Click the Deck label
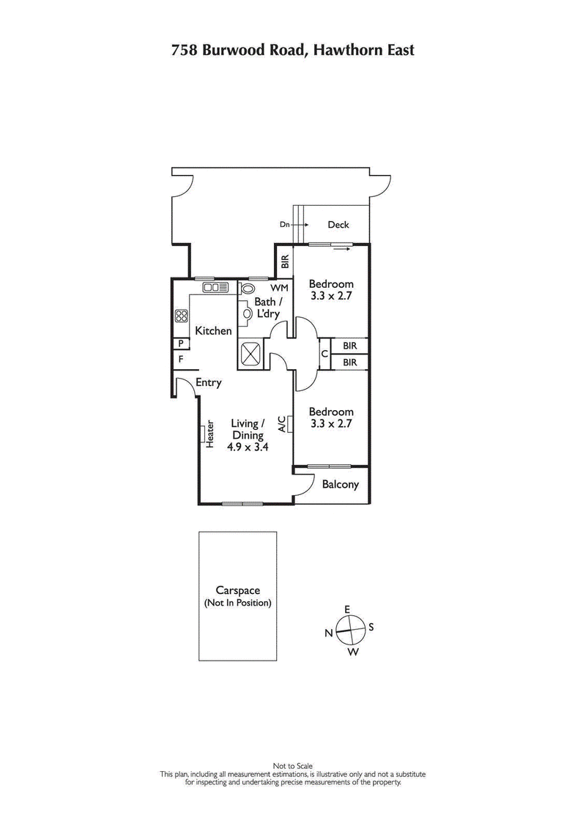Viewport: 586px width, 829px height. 338,226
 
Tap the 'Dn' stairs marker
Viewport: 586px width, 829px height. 284,226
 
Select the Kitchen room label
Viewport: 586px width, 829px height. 213,331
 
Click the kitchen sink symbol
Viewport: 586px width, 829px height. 215,288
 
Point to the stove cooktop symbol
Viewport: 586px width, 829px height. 182,316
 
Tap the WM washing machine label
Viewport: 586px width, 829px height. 279,288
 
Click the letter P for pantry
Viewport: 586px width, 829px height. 179,343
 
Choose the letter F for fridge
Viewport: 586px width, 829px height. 179,360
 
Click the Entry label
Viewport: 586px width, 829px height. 209,382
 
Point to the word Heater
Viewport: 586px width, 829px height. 209,434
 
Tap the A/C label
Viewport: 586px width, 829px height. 281,424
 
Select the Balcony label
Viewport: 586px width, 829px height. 340,485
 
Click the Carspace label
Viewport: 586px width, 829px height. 238,590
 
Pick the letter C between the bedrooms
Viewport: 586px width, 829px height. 324,354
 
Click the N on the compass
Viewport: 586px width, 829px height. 330,632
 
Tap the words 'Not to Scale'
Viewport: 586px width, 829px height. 293,766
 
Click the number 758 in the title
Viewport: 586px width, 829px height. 183,51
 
